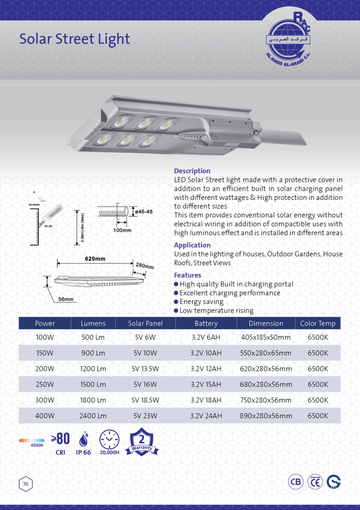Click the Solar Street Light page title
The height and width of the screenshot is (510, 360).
pyautogui.click(x=74, y=39)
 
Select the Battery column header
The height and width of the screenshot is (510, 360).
pyautogui.click(x=206, y=323)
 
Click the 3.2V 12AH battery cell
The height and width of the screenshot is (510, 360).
pyautogui.click(x=206, y=369)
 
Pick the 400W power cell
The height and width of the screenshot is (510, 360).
pyautogui.click(x=45, y=416)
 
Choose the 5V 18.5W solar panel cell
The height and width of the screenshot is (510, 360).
pyautogui.click(x=145, y=400)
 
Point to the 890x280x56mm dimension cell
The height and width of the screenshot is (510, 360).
pyautogui.click(x=266, y=416)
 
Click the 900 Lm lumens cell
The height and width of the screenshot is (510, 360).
pyautogui.click(x=93, y=353)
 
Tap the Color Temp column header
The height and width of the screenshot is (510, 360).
pyautogui.click(x=318, y=323)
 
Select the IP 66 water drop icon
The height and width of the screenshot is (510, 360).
pyautogui.click(x=83, y=439)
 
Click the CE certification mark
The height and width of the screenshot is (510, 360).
pyautogui.click(x=316, y=481)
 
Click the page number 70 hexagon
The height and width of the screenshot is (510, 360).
pyautogui.click(x=25, y=483)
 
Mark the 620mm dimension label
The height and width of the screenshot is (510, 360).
pyautogui.click(x=95, y=259)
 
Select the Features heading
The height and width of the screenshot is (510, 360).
pyautogui.click(x=188, y=275)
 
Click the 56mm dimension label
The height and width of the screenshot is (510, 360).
pyautogui.click(x=65, y=299)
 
